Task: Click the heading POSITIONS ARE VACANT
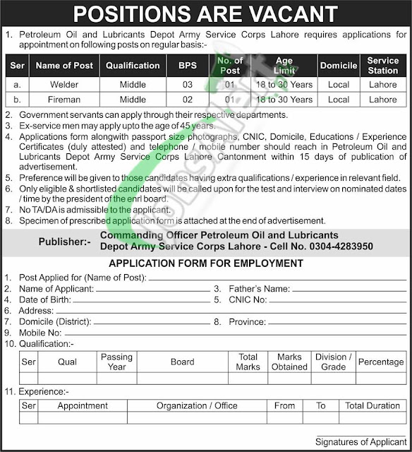(206, 13)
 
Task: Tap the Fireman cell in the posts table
(64, 100)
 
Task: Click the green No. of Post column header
(230, 65)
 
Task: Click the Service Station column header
(383, 65)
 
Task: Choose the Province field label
(246, 321)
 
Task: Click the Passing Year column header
(117, 362)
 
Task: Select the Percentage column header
(380, 362)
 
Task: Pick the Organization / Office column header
(197, 406)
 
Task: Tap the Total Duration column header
(373, 406)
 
